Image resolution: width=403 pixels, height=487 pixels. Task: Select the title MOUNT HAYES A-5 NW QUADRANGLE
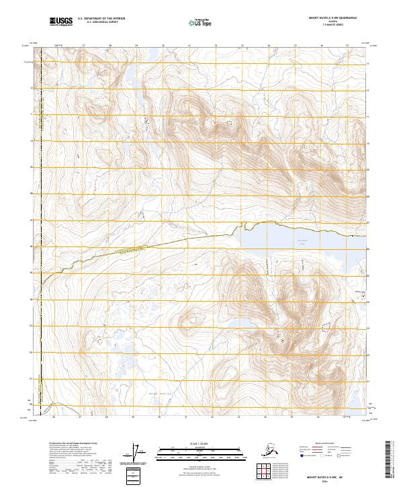[x=333, y=18]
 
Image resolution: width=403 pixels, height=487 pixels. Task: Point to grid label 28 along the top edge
[x=109, y=46]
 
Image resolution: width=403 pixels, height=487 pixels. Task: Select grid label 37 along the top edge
[x=347, y=46]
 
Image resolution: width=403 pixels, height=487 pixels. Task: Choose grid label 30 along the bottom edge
[x=159, y=416]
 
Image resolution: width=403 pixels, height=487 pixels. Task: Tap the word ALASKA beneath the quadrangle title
[x=333, y=22]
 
